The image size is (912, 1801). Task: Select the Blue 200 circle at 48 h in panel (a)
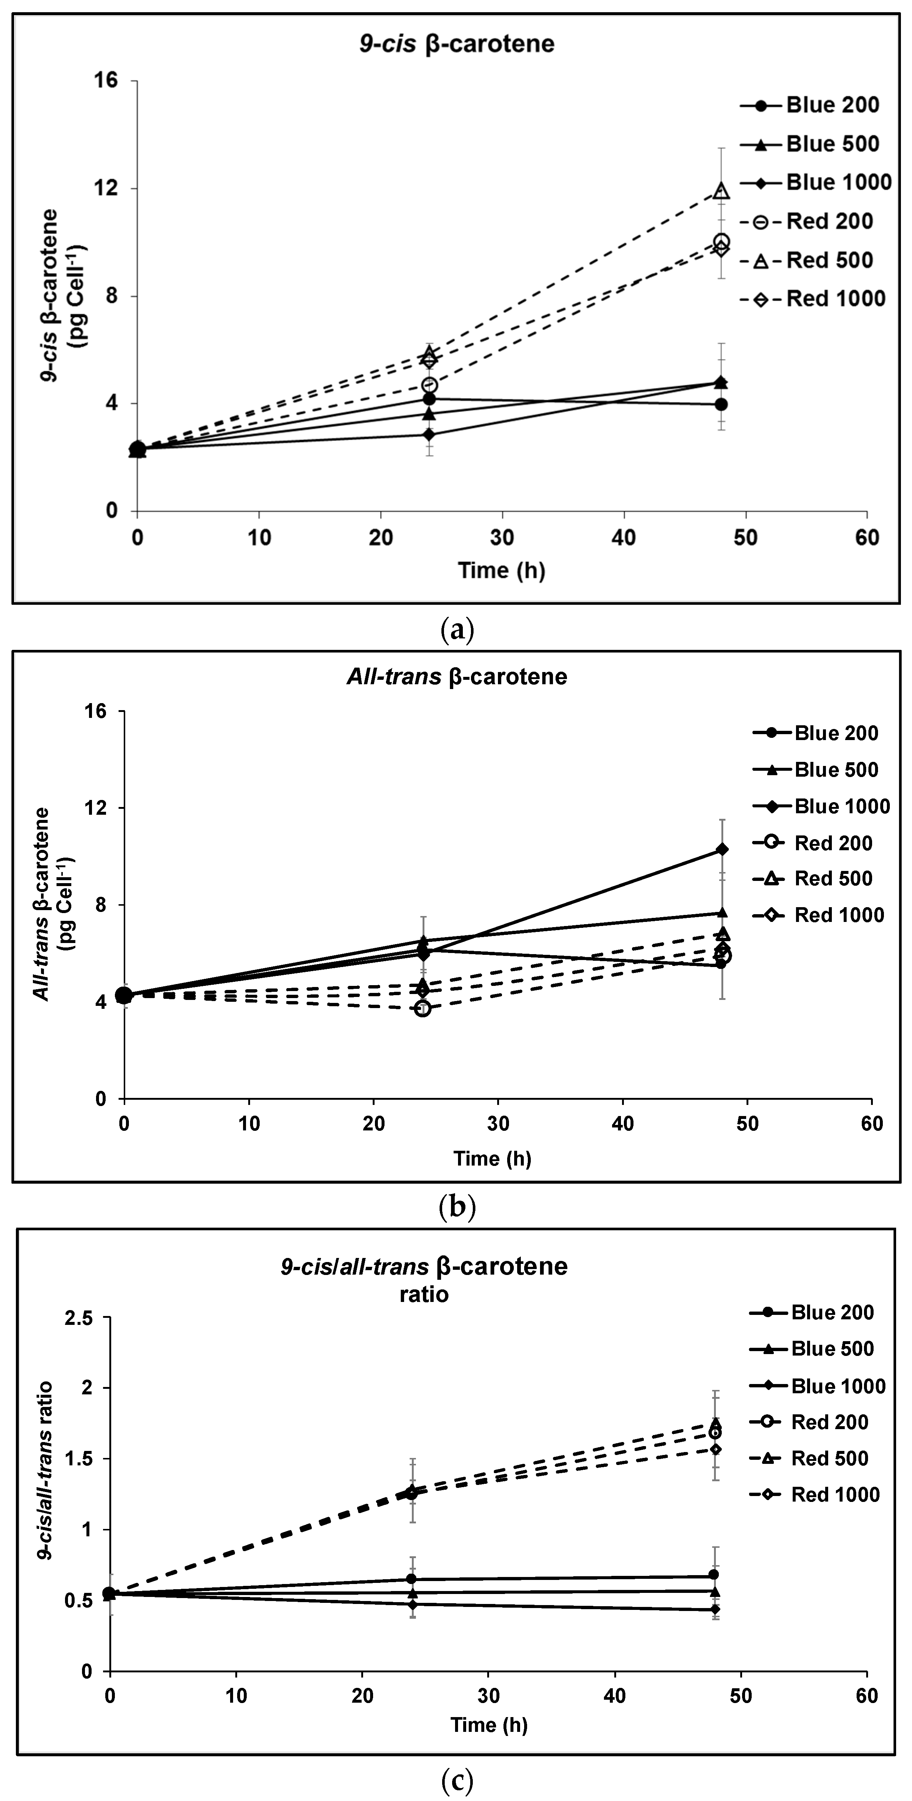tap(721, 404)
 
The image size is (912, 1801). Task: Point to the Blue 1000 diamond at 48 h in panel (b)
tap(722, 849)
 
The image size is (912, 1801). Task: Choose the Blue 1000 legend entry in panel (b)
tap(821, 806)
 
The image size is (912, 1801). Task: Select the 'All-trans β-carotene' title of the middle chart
tap(457, 677)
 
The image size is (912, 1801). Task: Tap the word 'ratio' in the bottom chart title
tap(424, 1294)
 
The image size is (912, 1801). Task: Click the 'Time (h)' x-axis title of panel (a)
tap(502, 570)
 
